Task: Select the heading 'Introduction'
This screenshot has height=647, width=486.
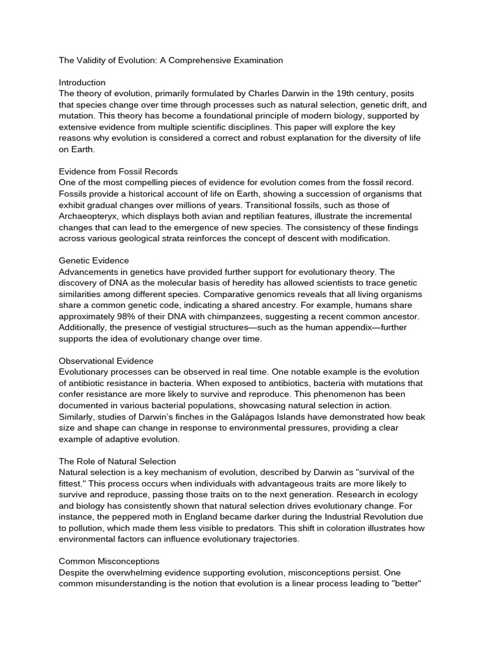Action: pos(82,83)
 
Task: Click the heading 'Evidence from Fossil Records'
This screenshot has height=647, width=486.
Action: pos(118,171)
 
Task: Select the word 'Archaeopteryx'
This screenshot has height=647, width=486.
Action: pos(88,216)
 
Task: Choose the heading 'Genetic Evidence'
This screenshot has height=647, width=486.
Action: pos(94,260)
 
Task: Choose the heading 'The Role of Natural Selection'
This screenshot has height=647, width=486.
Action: pos(117,461)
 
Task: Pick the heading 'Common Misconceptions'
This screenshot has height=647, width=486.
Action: pos(109,561)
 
